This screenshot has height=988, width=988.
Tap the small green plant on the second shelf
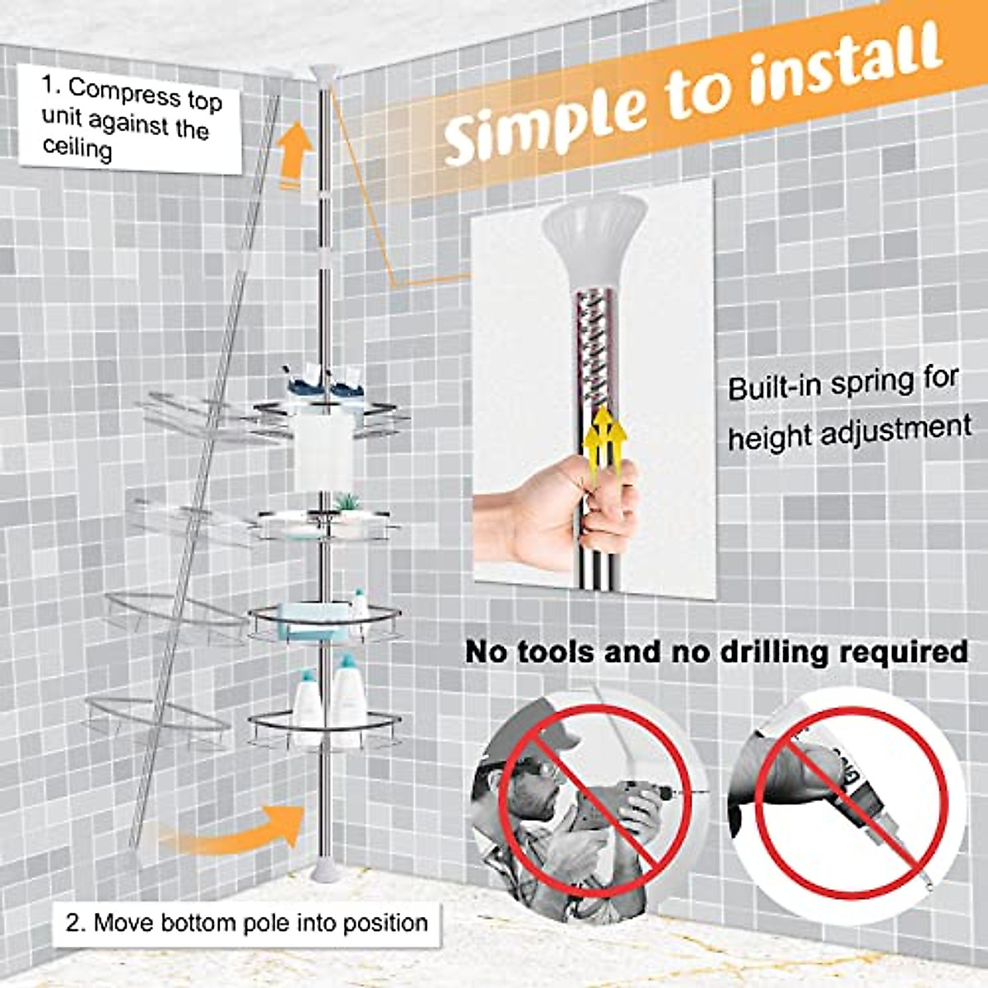[348, 501]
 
